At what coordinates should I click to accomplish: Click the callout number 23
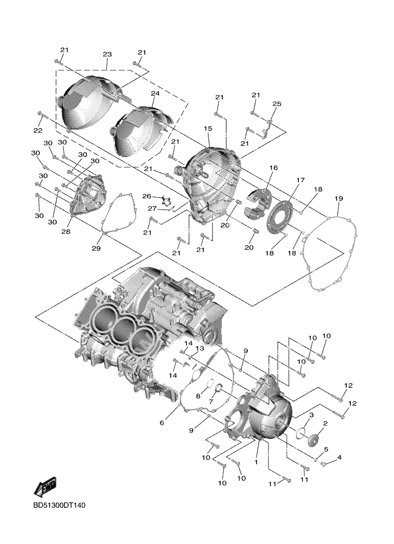(x=107, y=55)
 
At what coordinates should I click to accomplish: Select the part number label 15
(x=208, y=129)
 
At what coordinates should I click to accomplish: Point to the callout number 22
(x=38, y=131)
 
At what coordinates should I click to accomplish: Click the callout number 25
(x=276, y=104)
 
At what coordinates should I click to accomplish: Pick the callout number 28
(x=65, y=232)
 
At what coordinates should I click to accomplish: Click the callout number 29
(x=96, y=248)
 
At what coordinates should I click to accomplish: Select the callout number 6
(x=162, y=422)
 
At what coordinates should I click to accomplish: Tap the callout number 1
(x=256, y=461)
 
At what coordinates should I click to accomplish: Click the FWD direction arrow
(x=45, y=487)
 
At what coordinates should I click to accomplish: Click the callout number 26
(x=147, y=196)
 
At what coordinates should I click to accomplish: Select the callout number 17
(x=299, y=180)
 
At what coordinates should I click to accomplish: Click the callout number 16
(x=273, y=168)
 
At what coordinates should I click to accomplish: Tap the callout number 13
(x=199, y=348)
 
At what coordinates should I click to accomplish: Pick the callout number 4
(x=339, y=457)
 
